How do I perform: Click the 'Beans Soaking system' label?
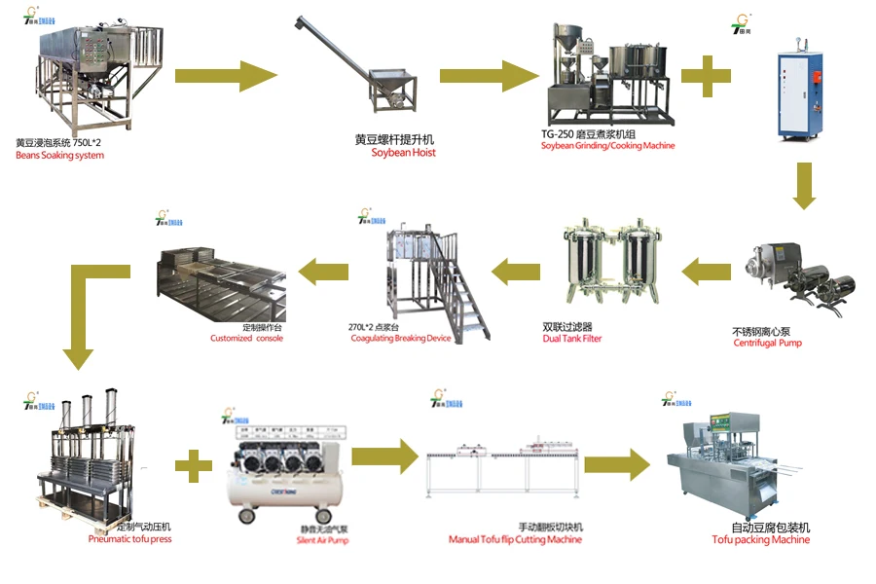[59, 155]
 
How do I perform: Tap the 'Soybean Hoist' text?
[403, 153]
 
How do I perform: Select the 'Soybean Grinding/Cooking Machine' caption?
[607, 146]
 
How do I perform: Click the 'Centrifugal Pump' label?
[767, 343]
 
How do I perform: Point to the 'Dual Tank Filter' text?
[572, 339]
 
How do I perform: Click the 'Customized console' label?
[246, 339]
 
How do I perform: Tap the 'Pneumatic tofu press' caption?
[129, 538]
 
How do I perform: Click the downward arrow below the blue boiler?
[803, 185]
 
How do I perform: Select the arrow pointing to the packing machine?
[616, 464]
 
